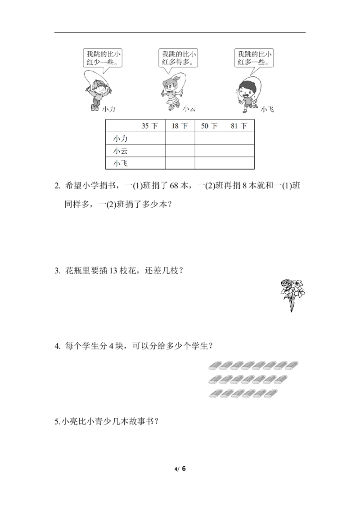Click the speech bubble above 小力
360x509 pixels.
(x=103, y=58)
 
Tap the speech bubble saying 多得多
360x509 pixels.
(x=178, y=58)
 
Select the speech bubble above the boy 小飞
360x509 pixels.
(x=254, y=58)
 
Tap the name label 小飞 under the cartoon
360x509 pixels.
(x=267, y=109)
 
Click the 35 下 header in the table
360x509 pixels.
(x=149, y=126)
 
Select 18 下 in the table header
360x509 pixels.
(x=180, y=126)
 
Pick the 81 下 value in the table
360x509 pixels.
(x=239, y=126)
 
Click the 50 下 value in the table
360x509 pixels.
(x=209, y=126)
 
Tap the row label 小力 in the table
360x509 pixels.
(x=120, y=138)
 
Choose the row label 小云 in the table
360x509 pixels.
(x=120, y=151)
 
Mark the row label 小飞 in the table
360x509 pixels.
(x=120, y=163)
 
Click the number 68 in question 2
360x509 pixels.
(x=174, y=186)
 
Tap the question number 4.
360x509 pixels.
(x=57, y=346)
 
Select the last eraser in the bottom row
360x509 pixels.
(x=270, y=393)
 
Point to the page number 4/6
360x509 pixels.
(x=180, y=469)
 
